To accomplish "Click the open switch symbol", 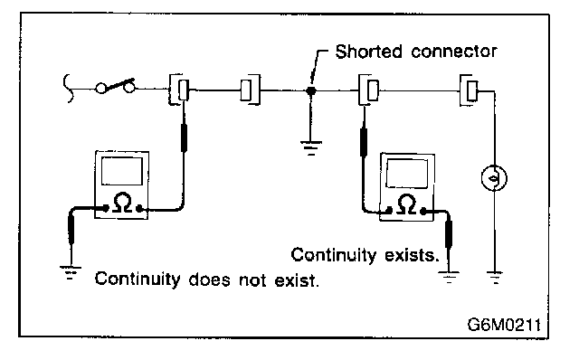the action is point(115,87).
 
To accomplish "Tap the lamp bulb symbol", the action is point(494,178).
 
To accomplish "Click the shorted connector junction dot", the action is point(311,90).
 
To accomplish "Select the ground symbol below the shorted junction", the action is point(311,147).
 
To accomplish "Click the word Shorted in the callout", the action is point(368,52).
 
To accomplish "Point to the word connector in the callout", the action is point(454,52).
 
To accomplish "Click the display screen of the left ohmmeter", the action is point(122,171).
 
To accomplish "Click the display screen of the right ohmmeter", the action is point(407,173).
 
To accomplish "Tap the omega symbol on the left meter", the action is point(122,203).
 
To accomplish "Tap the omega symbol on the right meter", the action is point(406,204).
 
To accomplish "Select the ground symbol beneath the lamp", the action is point(495,278).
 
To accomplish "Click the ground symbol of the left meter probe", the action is point(71,272).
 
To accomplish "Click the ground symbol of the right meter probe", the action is point(449,277).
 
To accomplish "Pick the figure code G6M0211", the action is point(504,325).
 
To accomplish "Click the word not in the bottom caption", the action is point(252,280).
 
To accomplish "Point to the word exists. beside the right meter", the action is point(411,255).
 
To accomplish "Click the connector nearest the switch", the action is point(179,90).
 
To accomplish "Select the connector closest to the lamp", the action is point(469,90).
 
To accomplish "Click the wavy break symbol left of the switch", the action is point(68,88).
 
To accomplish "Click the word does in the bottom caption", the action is point(209,279).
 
